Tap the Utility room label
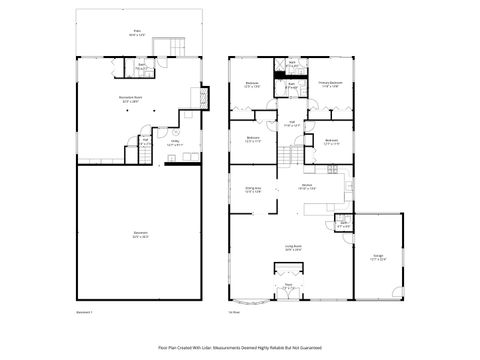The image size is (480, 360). (x=174, y=143)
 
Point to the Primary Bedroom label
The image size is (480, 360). (x=330, y=84)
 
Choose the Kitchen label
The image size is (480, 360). (x=309, y=186)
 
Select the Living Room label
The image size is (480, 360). (x=293, y=247)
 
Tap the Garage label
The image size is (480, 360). (x=379, y=257)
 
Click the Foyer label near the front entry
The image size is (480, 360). (x=288, y=285)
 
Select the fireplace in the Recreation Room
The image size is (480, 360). (x=205, y=98)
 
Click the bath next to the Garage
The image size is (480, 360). (x=343, y=225)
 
